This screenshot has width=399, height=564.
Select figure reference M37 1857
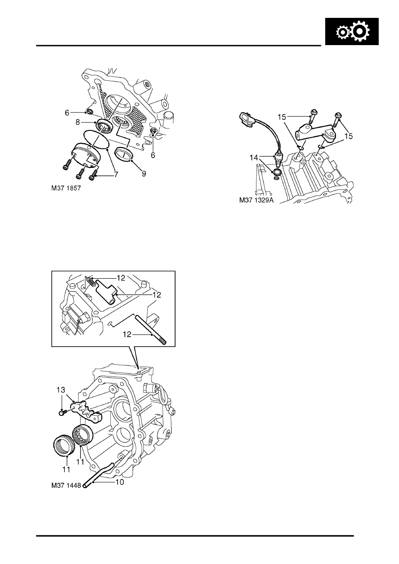pyautogui.click(x=66, y=188)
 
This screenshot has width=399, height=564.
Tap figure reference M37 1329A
pyautogui.click(x=256, y=200)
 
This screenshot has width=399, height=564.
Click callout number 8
pyautogui.click(x=78, y=122)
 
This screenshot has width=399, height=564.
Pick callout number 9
pyautogui.click(x=143, y=174)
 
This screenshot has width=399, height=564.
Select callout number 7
pyautogui.click(x=116, y=175)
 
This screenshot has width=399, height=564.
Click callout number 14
pyautogui.click(x=254, y=158)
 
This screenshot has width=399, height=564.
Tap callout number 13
pyautogui.click(x=61, y=390)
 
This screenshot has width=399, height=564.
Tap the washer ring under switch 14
pyautogui.click(x=277, y=172)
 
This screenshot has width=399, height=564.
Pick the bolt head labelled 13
pyautogui.click(x=61, y=413)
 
